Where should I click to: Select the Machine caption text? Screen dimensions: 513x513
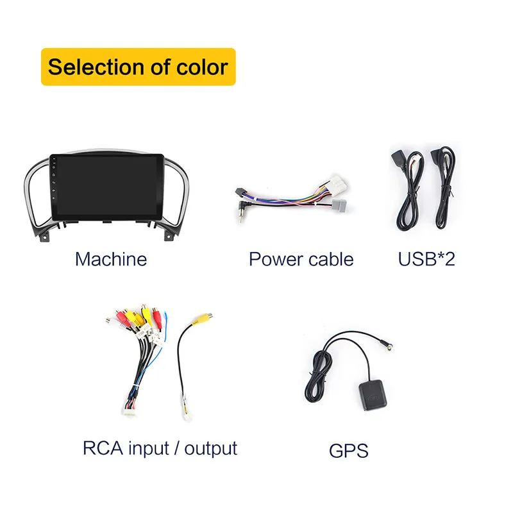click(111, 259)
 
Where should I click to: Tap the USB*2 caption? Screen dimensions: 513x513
click(426, 259)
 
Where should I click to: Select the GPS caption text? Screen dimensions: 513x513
click(349, 450)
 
